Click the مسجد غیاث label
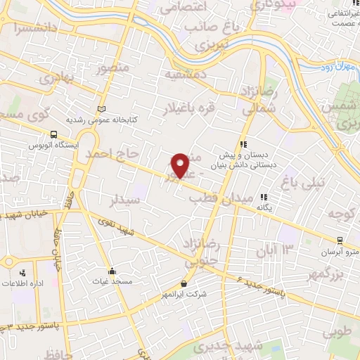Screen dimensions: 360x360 point(112,281)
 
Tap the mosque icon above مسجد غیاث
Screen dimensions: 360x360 point(112,271)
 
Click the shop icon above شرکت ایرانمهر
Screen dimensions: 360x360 point(184,283)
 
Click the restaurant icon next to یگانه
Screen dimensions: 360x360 point(264,198)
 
